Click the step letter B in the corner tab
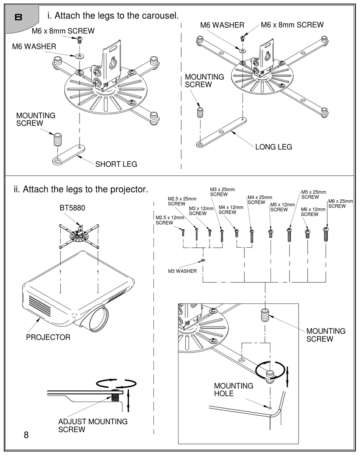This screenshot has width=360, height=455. pos(19,17)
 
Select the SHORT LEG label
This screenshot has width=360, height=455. pos(116,164)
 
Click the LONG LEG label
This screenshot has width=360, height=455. pos(274,147)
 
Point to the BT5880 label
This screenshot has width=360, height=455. pos(72,208)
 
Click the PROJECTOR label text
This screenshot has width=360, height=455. pos(48,337)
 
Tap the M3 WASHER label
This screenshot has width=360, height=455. pos(182,271)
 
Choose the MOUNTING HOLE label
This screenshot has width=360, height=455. pos(233,390)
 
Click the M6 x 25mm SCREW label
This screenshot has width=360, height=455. pos(340,203)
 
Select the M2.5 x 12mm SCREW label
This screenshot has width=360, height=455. pos(170,220)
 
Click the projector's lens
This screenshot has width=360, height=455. pos(99,320)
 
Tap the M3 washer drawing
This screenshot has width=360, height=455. pos(203,260)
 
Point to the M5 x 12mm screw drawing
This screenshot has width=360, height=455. pos(271,234)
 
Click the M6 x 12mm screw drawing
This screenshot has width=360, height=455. pos(307,234)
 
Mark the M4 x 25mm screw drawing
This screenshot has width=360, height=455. pos(252,236)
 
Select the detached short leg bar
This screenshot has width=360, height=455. pos(69,155)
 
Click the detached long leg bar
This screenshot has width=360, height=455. pos(221,132)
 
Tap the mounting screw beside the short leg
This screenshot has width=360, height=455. pos(57,139)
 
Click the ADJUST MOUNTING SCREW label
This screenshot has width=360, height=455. pos(93,425)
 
